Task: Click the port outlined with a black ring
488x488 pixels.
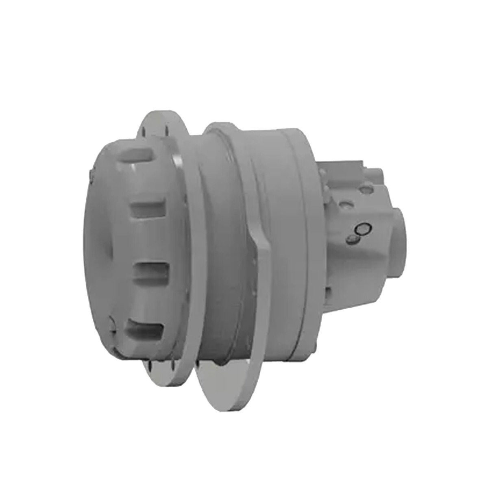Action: coord(363,229)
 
